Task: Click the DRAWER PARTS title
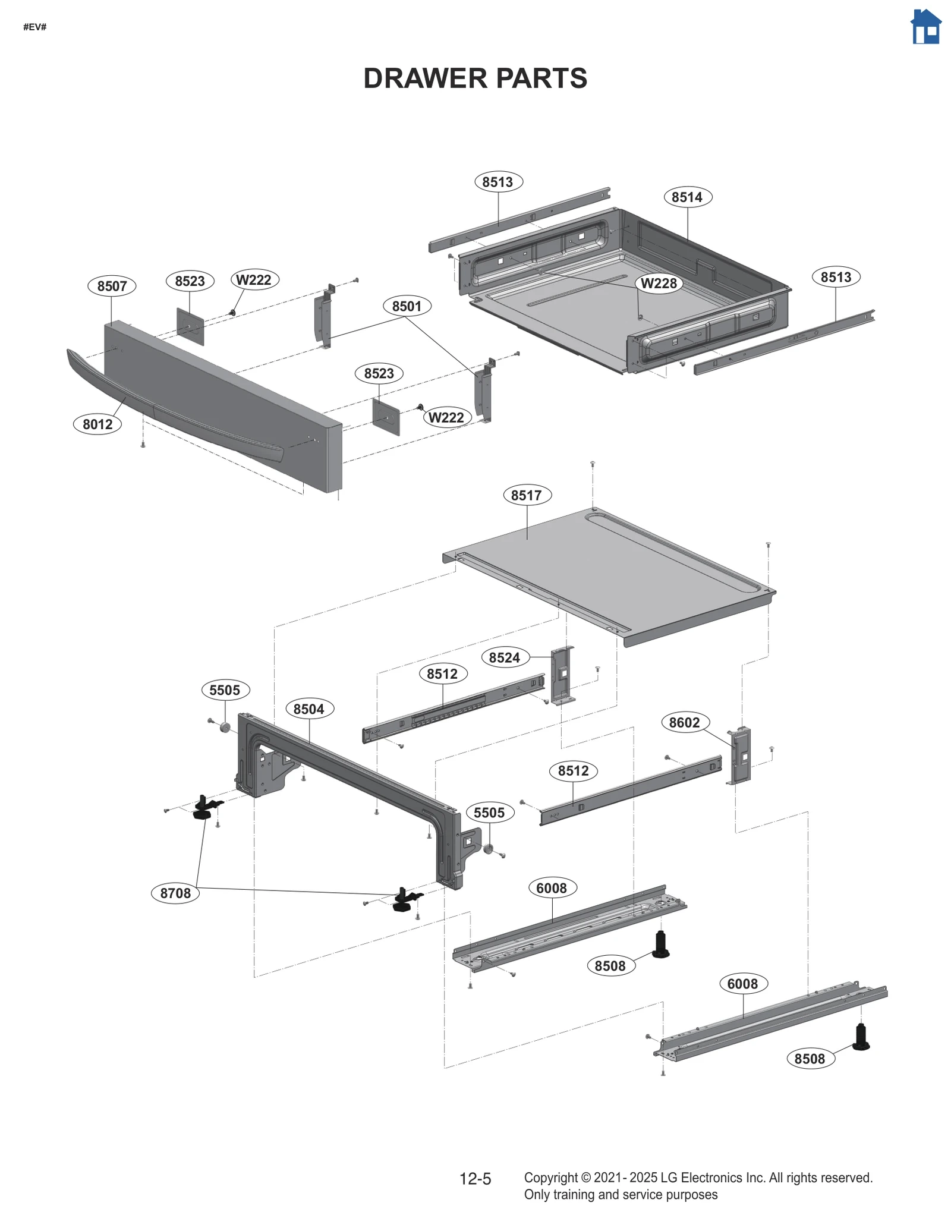point(475,78)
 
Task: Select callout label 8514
point(687,197)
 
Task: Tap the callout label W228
point(659,284)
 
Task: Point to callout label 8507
point(112,286)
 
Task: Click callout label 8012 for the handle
point(97,424)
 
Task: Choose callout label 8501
point(407,306)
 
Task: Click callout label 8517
point(527,495)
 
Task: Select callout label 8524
point(504,657)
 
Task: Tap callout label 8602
point(684,722)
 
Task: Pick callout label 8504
point(309,709)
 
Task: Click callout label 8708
point(175,893)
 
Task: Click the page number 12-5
point(475,1179)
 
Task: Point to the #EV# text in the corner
point(35,27)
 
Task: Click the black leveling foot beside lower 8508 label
point(860,1037)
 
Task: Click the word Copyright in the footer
point(550,1178)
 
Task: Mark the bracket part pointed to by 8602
point(741,755)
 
